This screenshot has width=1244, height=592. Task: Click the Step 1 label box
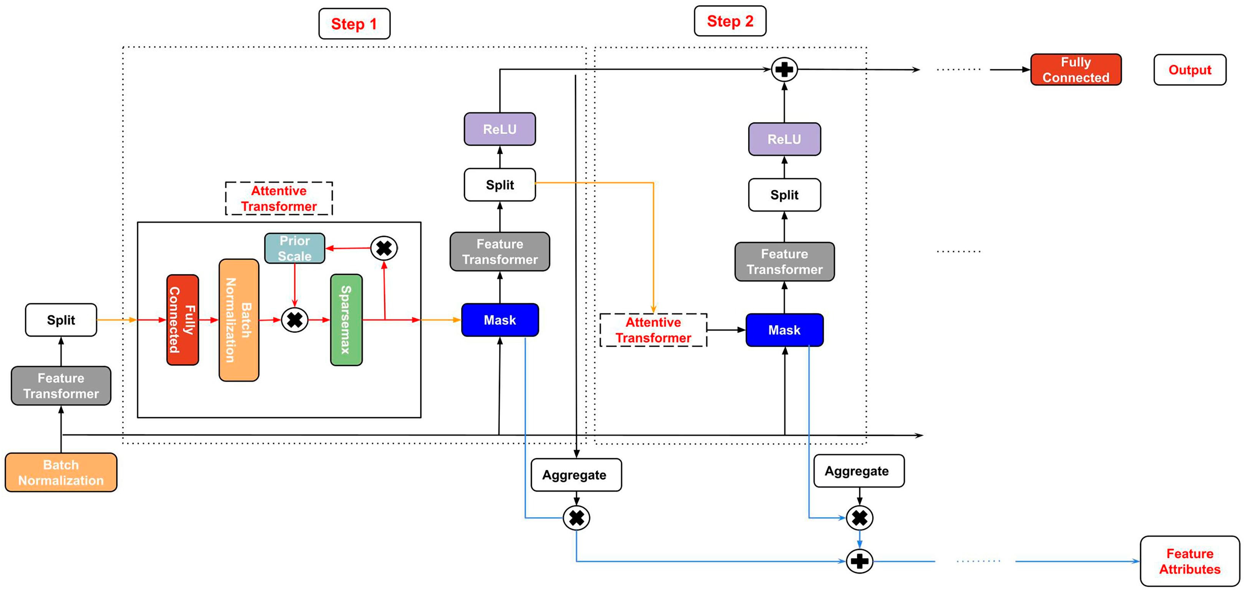click(x=354, y=24)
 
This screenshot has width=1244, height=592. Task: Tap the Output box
click(x=1189, y=70)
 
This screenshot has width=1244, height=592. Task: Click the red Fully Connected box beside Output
click(x=1076, y=70)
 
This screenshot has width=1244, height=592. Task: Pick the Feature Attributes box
click(x=1189, y=561)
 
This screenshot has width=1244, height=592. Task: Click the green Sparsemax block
click(x=346, y=319)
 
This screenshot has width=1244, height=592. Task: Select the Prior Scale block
click(x=295, y=248)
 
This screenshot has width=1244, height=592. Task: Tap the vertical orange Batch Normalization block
click(x=238, y=320)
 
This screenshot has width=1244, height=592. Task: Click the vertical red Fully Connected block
click(x=183, y=319)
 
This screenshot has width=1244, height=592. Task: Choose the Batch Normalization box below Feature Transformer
click(x=61, y=473)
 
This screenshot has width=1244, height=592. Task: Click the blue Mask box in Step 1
click(x=500, y=320)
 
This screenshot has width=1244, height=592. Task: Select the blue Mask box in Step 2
click(x=784, y=330)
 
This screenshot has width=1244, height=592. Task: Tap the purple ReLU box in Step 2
click(x=784, y=139)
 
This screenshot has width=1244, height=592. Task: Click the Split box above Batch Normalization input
click(x=61, y=320)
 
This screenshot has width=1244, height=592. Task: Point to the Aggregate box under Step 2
click(x=858, y=471)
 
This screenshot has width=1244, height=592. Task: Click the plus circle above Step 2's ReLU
click(x=784, y=69)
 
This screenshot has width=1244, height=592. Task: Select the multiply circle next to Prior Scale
click(x=384, y=248)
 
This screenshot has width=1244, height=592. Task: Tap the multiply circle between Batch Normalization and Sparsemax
click(x=295, y=320)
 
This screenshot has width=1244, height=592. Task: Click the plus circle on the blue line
click(x=859, y=561)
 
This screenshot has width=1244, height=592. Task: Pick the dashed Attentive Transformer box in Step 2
click(x=653, y=330)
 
